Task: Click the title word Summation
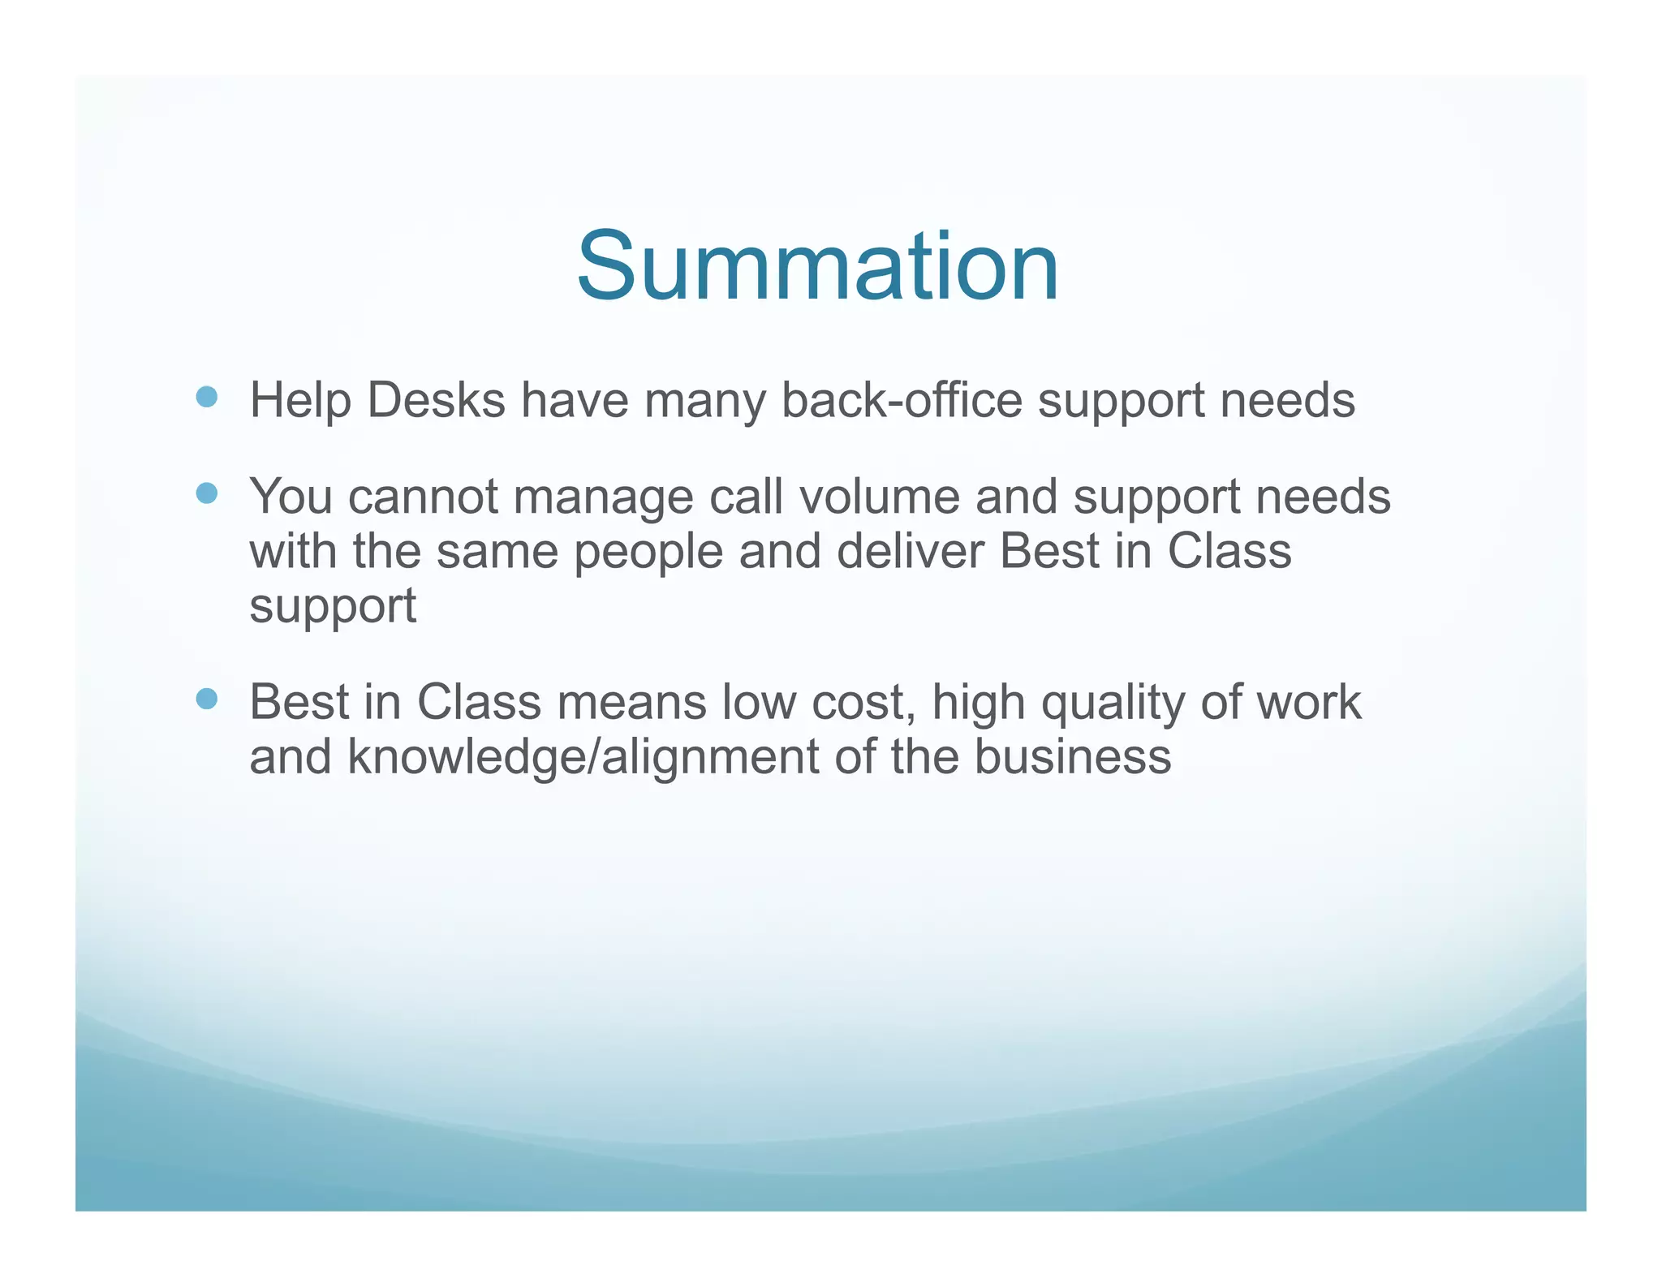[x=817, y=267]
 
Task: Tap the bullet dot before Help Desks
[x=207, y=397]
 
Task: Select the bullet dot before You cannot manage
[x=207, y=493]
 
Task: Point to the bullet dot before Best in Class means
[x=207, y=699]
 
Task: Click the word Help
[x=300, y=400]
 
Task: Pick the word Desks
[x=436, y=400]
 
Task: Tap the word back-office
[x=901, y=400]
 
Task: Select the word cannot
[x=423, y=497]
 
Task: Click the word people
[x=648, y=553]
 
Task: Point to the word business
[x=1072, y=756]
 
